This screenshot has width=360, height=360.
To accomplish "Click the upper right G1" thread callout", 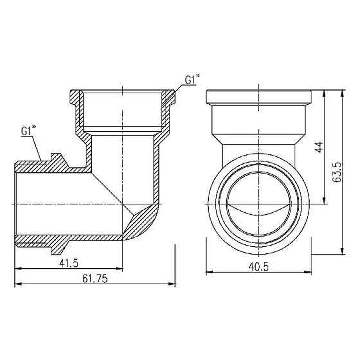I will [x=192, y=80].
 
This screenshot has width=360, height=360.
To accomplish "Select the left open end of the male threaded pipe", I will [x=16, y=204].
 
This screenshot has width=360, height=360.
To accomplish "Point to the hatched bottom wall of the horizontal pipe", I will [x=64, y=242].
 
